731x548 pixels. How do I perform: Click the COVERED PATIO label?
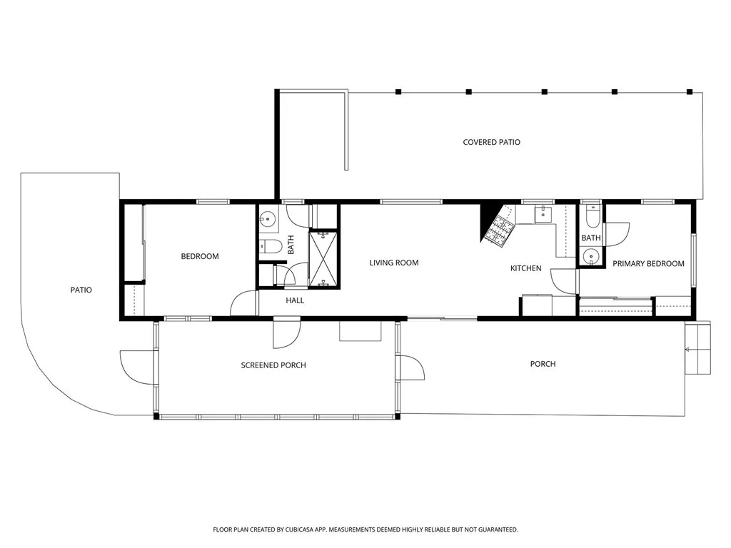491,142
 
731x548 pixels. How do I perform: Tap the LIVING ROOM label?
393,263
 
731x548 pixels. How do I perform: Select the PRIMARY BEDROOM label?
648,263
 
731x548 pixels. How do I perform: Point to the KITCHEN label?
525,268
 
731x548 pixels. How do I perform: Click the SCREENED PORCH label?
273,365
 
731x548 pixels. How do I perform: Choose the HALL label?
295,300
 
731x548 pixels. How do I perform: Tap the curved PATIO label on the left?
81,290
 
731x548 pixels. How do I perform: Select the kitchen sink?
543,213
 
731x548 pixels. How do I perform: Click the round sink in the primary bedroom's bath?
590,256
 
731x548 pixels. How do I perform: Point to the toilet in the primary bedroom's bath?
593,215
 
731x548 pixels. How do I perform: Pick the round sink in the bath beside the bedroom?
268,219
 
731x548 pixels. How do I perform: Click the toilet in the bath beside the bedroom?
270,248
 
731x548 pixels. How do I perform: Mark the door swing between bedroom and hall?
243,304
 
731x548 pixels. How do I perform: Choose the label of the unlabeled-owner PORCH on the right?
543,364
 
